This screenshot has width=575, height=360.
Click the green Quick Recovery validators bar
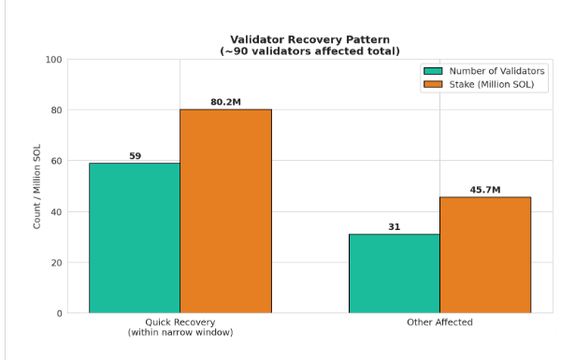(x=135, y=238)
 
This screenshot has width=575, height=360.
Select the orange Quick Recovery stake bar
(x=226, y=211)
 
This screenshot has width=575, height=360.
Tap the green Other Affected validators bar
(x=395, y=273)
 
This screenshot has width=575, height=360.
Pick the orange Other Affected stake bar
(x=485, y=255)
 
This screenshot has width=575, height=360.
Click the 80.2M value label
(x=226, y=102)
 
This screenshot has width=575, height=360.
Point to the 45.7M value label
(x=485, y=190)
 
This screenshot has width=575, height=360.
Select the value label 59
(x=135, y=156)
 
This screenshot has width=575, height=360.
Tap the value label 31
(x=395, y=227)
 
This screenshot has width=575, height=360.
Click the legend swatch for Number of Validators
(x=433, y=71)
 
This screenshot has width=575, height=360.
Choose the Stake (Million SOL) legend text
(x=492, y=84)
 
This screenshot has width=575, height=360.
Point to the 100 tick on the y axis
(x=54, y=60)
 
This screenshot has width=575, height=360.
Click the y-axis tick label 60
(x=57, y=161)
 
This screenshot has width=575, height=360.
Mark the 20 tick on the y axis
(x=57, y=263)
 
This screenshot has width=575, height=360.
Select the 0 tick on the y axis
(x=60, y=313)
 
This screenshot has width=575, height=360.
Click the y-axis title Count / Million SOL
(x=36, y=187)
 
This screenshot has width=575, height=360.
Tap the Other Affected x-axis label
(x=439, y=323)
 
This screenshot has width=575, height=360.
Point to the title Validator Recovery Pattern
(x=309, y=39)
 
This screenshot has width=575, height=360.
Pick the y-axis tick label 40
(x=57, y=212)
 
